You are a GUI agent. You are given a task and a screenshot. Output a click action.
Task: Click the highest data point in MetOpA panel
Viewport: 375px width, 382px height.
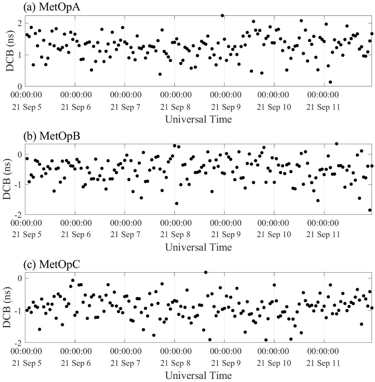tap(222, 15)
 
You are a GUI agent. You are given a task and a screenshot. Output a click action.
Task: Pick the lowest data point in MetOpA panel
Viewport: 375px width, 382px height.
tap(330, 82)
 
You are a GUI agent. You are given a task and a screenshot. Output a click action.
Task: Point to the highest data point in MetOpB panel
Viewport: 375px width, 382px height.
tap(337, 144)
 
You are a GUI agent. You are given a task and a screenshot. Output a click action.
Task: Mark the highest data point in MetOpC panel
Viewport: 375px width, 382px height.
tap(206, 272)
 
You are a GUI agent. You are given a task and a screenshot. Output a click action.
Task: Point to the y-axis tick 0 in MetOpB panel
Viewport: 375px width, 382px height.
tap(21, 155)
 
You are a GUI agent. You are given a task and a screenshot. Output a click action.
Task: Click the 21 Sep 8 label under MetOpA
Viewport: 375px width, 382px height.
tap(174, 107)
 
